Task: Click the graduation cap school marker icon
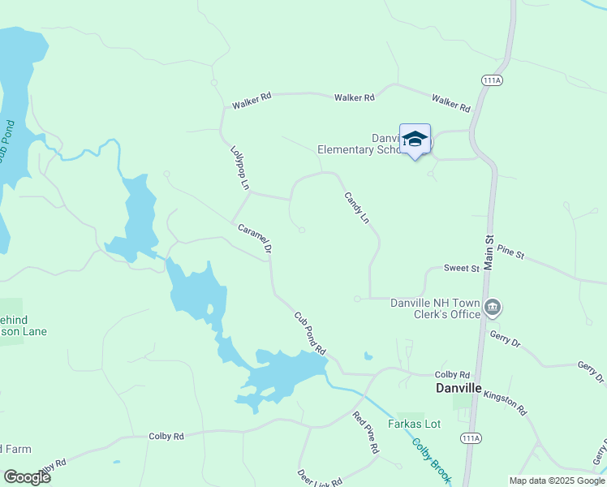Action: click(415, 139)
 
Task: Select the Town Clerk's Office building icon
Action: click(493, 307)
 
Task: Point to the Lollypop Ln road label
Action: click(239, 168)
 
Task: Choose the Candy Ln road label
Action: click(356, 208)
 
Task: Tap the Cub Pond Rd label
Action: click(309, 334)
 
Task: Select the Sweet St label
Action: click(462, 268)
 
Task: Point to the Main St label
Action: click(489, 252)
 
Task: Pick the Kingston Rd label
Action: click(505, 399)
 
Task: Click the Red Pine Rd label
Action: click(365, 432)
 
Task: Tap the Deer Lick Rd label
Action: click(319, 478)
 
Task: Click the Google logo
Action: click(27, 476)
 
